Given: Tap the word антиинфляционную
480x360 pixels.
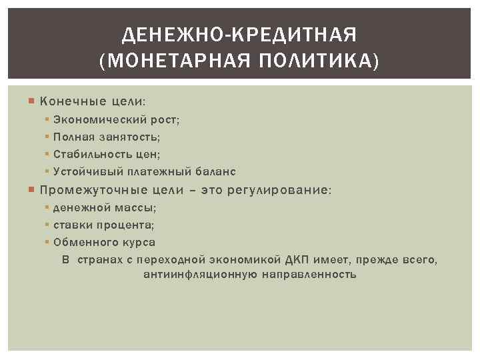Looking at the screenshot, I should [197, 274].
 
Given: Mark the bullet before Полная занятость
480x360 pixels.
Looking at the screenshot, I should [48, 137].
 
